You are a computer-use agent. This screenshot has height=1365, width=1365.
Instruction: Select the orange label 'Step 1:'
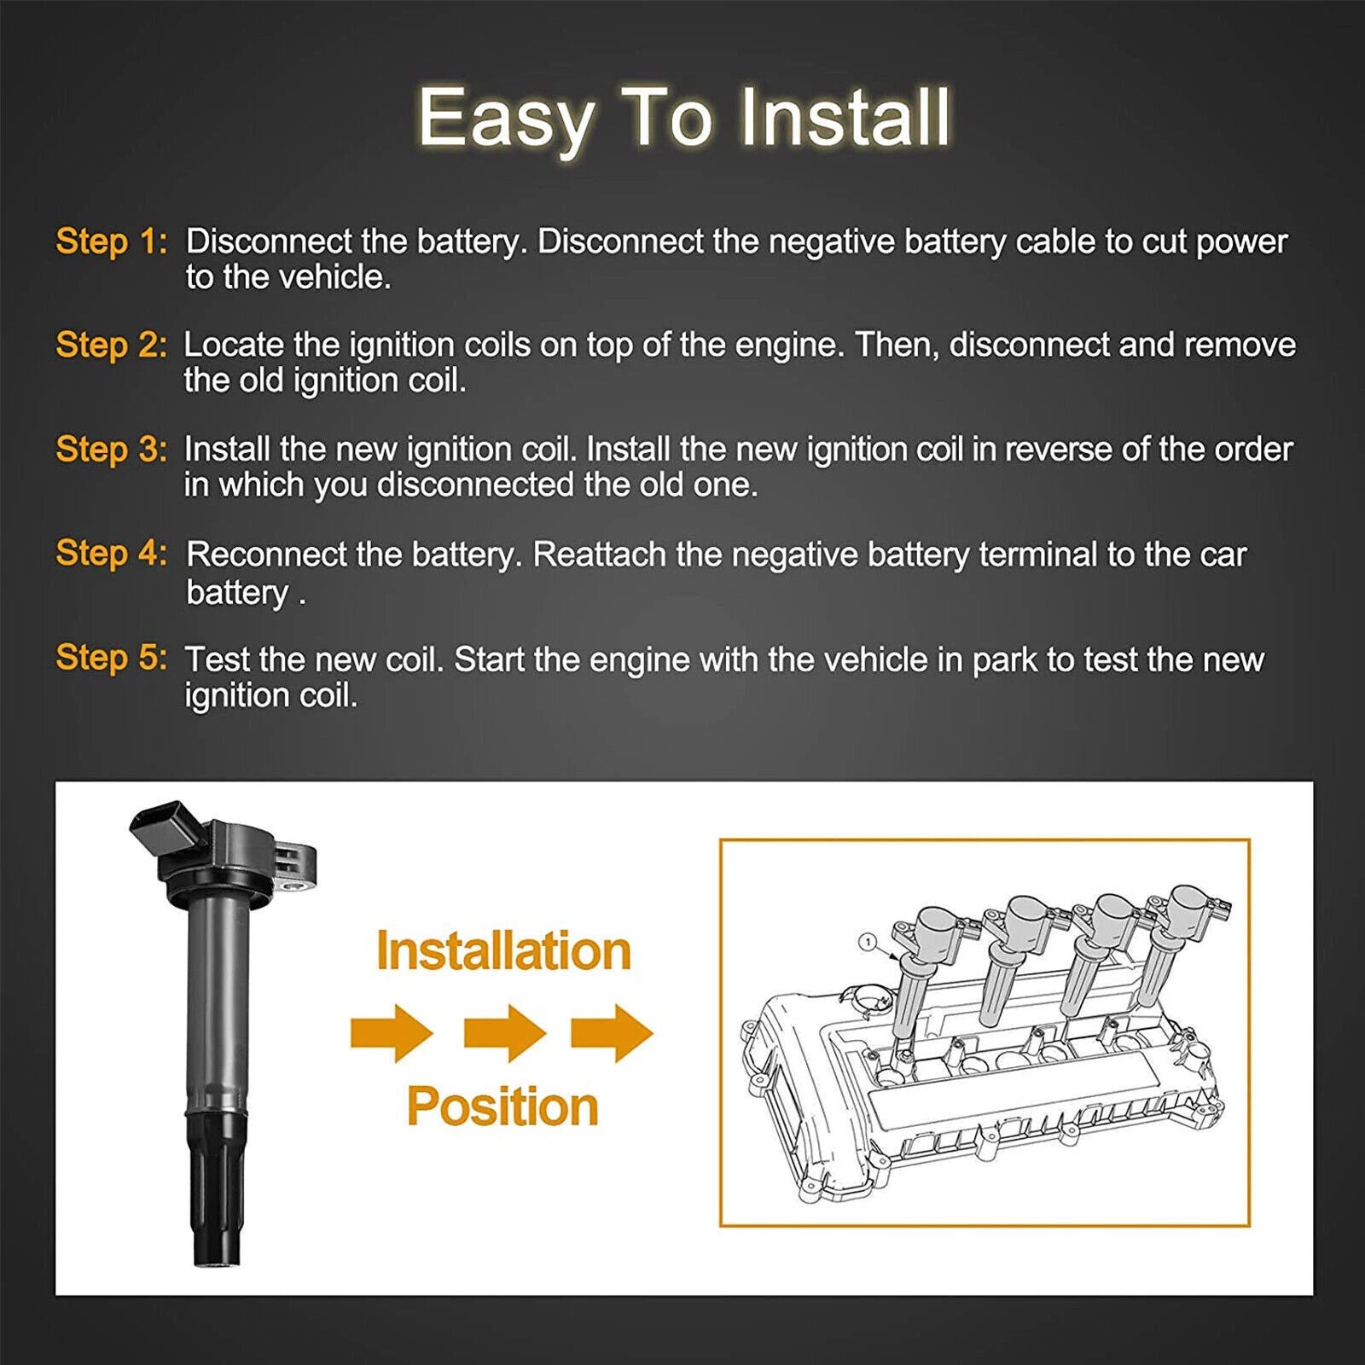[112, 241]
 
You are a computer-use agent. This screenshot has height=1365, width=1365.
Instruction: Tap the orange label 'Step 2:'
[112, 346]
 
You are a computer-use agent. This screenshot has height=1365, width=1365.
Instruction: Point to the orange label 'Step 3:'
[112, 450]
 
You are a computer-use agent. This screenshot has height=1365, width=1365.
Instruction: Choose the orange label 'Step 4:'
[112, 554]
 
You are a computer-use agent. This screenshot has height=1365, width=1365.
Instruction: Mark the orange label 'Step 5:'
[112, 658]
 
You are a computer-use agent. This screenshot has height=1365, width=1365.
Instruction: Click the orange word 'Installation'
[503, 950]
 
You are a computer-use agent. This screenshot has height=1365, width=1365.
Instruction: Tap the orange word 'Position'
[502, 1107]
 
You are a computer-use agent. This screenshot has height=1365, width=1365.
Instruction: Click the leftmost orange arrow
[392, 1033]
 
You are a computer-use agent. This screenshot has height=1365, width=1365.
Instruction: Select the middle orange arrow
[505, 1033]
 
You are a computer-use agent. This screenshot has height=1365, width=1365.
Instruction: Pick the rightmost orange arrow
[613, 1033]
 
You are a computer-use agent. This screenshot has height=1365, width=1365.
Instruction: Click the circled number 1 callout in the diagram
[867, 943]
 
